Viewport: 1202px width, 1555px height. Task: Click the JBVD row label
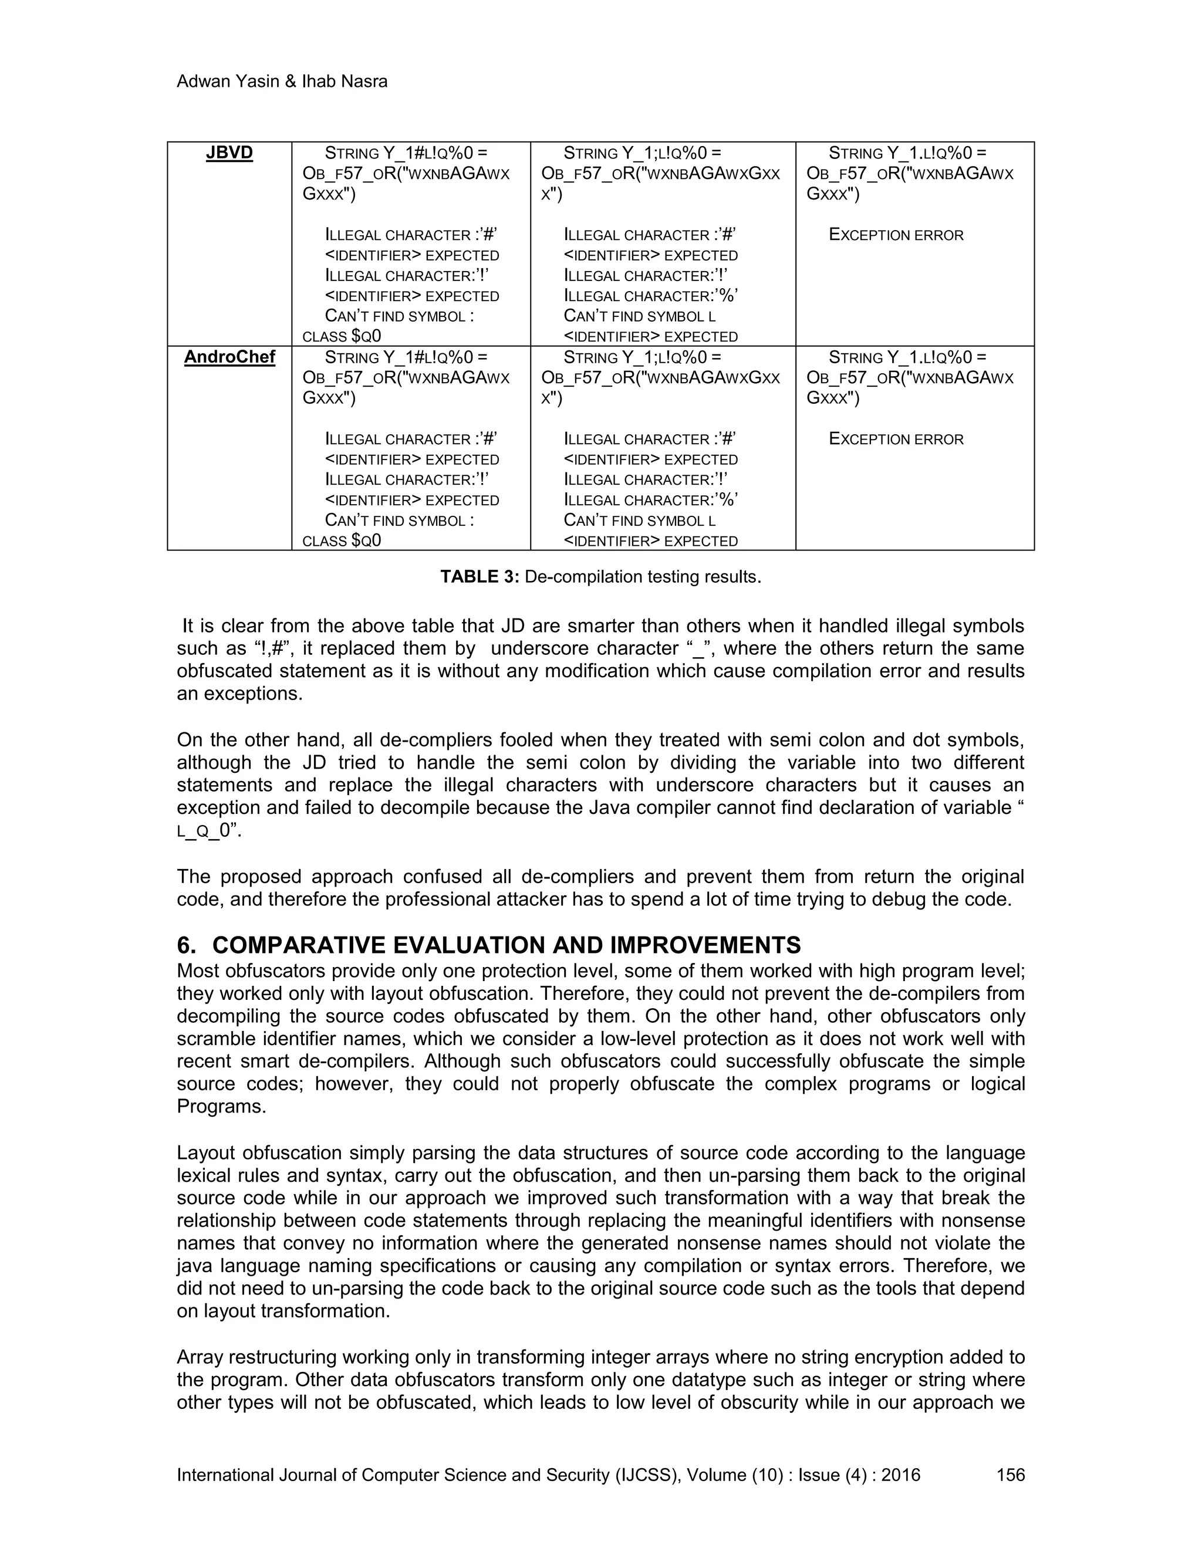[229, 154]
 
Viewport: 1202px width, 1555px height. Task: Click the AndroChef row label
[229, 357]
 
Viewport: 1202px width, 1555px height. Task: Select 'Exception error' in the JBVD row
[896, 235]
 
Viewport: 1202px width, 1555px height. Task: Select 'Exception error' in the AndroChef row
[896, 440]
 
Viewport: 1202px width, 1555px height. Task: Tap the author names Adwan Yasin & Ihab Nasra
[282, 82]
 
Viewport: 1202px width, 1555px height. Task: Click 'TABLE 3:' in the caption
[480, 577]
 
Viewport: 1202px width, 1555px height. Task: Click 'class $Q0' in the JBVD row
[342, 336]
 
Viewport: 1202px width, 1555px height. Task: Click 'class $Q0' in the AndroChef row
[342, 540]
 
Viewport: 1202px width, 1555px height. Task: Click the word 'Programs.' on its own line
[221, 1107]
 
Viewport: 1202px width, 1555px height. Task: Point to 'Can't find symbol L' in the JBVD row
[640, 316]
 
